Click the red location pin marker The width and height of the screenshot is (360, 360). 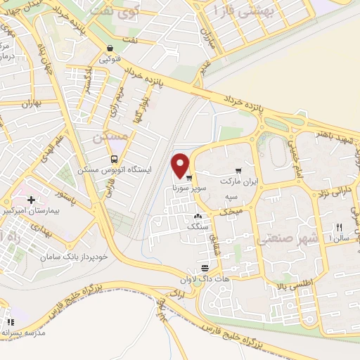coord(181,165)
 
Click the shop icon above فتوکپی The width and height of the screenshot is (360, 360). coord(110,49)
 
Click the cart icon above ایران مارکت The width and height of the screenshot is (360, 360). coord(239,170)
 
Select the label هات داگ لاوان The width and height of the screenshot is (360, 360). coord(205,279)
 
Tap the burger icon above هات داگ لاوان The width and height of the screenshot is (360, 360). coord(205,268)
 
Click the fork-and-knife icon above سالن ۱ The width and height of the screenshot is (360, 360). coord(339,227)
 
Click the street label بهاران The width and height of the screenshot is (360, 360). coord(32,104)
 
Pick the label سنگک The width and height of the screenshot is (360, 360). coord(197,227)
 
